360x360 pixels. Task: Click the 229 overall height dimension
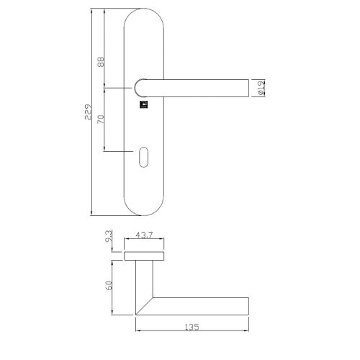tap(87, 112)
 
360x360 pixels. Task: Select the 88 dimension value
tap(101, 63)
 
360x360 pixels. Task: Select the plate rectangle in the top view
tap(147, 256)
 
